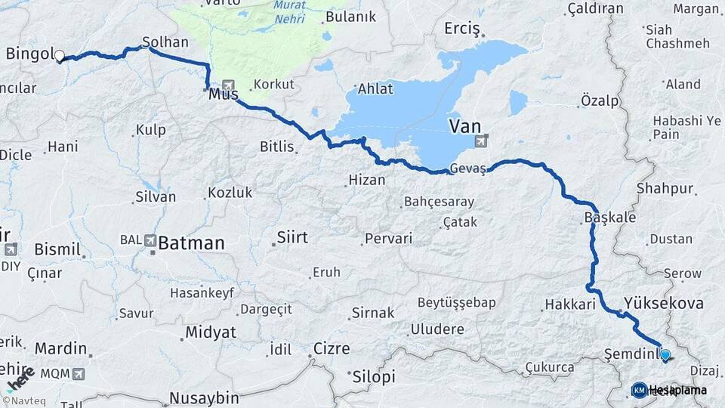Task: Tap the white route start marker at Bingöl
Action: pos(59,55)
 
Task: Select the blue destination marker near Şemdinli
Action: pos(665,354)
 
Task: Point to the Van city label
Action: pos(464,125)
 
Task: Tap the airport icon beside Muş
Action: pos(229,85)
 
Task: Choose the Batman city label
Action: pos(192,243)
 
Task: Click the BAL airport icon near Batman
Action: pos(150,241)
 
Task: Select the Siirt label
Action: pos(292,238)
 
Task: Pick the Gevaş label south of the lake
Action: pos(465,168)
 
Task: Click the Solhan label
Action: pos(165,42)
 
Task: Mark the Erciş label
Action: pos(462,29)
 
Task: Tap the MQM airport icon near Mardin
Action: pos(79,373)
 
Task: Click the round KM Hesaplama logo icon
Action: pos(639,390)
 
